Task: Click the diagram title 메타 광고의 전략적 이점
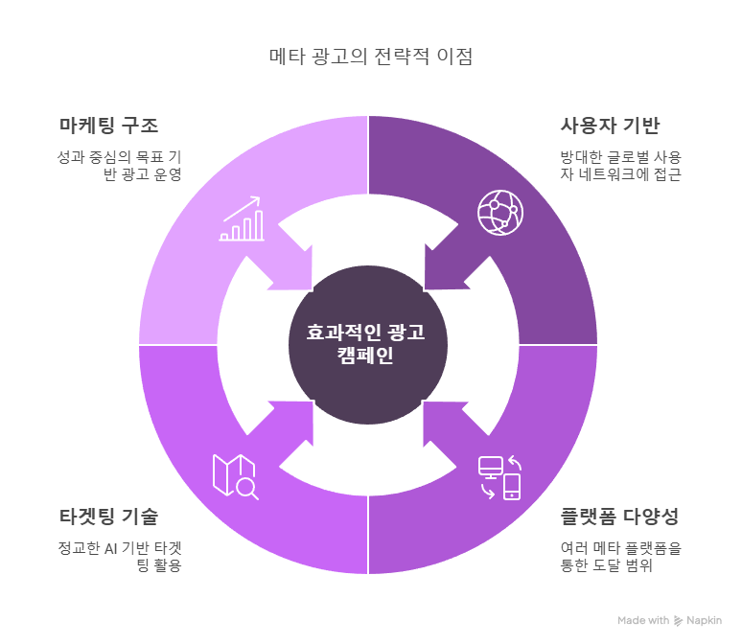point(371,57)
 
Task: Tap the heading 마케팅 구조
point(109,126)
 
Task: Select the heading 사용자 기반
point(610,126)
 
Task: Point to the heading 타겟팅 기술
point(109,517)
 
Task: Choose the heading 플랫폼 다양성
point(619,517)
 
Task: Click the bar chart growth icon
point(242,218)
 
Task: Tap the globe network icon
point(500,213)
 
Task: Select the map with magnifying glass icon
point(236,477)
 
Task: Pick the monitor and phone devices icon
point(499,477)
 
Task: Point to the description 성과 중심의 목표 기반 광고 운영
point(119,166)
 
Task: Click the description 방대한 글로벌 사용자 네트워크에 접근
point(621,166)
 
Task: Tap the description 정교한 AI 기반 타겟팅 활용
point(120,557)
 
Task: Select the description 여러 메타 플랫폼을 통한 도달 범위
point(621,557)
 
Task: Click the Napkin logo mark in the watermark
point(678,620)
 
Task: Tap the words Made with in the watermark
point(643,620)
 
